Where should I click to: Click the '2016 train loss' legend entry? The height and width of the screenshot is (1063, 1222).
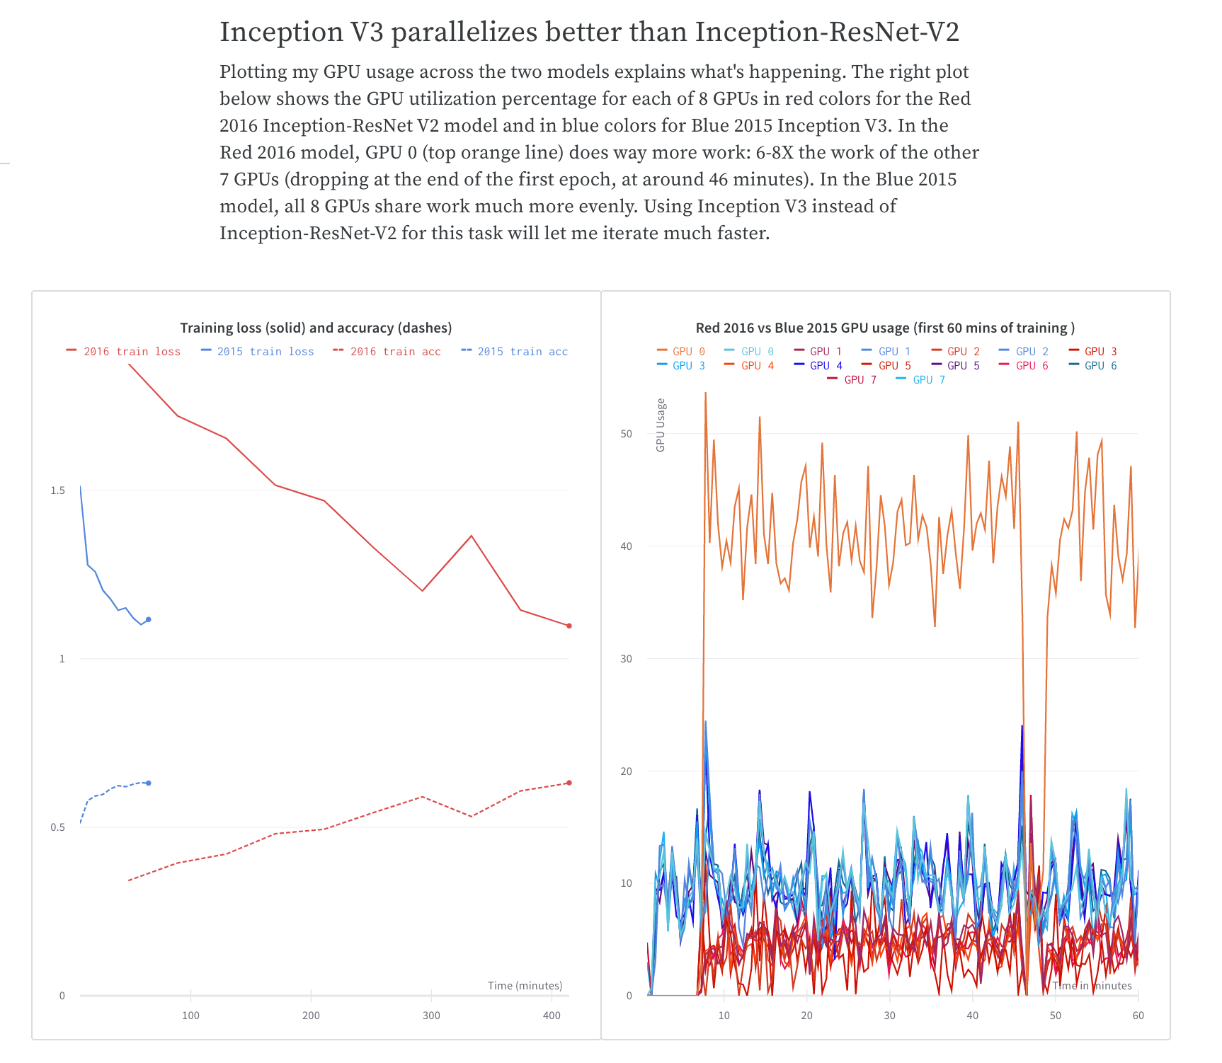[124, 352]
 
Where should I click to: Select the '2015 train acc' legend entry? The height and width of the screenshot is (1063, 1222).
[515, 352]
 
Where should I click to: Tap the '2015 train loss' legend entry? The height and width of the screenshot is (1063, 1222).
[258, 352]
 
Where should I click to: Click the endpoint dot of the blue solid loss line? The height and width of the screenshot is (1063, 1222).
[148, 619]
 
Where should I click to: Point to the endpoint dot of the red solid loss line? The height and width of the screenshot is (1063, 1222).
[569, 626]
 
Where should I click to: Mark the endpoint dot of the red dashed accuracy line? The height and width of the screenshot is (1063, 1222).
[569, 783]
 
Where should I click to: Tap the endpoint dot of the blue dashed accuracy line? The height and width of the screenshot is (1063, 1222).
[149, 783]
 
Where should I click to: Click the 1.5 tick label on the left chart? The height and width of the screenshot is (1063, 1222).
[57, 490]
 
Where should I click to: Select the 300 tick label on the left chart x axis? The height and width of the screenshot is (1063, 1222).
[431, 1016]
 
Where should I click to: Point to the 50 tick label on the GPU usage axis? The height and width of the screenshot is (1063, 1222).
[626, 434]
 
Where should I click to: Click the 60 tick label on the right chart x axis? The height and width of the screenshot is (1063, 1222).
[1138, 1016]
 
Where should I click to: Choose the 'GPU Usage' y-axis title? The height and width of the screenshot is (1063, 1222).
[661, 425]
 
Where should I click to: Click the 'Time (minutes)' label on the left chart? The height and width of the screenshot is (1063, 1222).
[525, 986]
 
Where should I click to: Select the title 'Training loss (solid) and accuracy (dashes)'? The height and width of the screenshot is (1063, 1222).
[316, 328]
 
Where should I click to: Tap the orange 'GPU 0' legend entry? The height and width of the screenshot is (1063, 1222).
[681, 352]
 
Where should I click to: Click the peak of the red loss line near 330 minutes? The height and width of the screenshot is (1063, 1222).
[472, 536]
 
